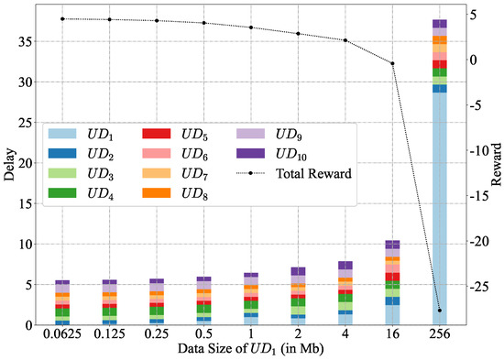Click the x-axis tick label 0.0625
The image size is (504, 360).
pyautogui.click(x=62, y=335)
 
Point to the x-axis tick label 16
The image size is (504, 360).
pyautogui.click(x=392, y=335)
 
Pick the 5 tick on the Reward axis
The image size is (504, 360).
pyautogui.click(x=474, y=15)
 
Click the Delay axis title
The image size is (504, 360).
pyautogui.click(x=9, y=166)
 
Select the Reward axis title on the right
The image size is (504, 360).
pyautogui.click(x=496, y=166)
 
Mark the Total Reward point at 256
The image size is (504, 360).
pyautogui.click(x=439, y=311)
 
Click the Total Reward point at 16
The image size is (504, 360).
pyautogui.click(x=392, y=63)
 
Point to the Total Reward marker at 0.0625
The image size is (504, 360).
pyautogui.click(x=62, y=18)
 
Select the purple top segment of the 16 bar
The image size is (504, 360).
pyautogui.click(x=392, y=244)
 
